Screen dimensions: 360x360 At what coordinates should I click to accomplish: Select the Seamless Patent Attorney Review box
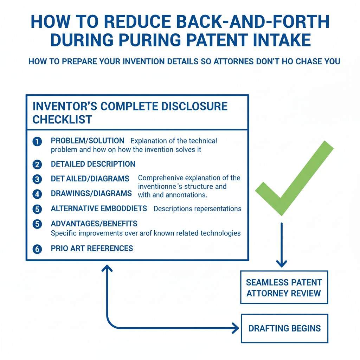(284, 287)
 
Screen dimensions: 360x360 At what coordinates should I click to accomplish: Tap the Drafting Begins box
(284, 328)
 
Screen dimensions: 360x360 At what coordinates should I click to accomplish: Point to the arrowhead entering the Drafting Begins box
(235, 329)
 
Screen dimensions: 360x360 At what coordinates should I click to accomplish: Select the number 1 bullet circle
(37, 142)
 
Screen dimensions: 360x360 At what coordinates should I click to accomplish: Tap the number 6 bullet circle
(37, 249)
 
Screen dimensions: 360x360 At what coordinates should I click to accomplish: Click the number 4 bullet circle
(37, 194)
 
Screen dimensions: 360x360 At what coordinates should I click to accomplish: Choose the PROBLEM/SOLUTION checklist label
(88, 141)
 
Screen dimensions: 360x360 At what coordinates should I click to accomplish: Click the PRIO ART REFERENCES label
(92, 248)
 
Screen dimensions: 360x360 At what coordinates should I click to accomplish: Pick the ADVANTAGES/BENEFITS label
(94, 224)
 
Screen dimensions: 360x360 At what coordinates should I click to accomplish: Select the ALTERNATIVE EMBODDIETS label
(99, 208)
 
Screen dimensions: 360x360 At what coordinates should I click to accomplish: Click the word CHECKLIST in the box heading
(62, 120)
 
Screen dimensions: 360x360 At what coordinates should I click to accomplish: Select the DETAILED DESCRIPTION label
(93, 164)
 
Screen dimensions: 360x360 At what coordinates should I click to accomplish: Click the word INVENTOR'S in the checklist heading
(64, 106)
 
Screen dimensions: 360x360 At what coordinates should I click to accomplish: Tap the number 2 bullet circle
(37, 164)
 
